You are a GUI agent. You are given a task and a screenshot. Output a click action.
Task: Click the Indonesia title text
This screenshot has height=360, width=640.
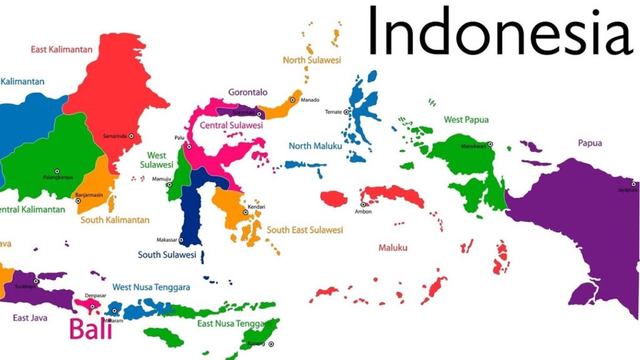(499, 30)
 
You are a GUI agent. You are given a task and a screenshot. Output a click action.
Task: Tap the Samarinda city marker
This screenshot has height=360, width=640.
(131, 136)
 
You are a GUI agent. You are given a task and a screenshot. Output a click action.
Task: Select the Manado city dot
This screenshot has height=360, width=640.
(292, 100)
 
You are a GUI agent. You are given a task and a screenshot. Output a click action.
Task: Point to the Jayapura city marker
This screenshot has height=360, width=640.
(632, 184)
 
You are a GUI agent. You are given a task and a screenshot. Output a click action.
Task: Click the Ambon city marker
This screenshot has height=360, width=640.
(363, 204)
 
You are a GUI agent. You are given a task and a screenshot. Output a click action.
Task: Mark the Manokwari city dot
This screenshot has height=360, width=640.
(490, 144)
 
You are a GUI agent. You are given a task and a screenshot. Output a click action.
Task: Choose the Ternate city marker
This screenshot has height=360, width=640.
(346, 112)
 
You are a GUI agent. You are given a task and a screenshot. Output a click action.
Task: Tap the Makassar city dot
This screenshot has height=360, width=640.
(181, 240)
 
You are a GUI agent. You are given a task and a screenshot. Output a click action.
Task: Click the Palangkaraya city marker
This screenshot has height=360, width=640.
(57, 171)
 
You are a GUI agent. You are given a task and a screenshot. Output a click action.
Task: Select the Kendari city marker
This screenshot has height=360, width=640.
(246, 212)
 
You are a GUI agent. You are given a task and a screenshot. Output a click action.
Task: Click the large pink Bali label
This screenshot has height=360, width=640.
(91, 329)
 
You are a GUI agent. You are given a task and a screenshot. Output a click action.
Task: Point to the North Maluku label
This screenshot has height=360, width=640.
(315, 146)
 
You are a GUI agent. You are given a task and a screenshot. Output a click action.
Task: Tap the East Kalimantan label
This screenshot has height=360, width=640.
(61, 49)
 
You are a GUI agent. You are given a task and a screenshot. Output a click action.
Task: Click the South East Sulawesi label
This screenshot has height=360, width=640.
(305, 230)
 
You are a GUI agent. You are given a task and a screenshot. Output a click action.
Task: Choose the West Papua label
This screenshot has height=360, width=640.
(466, 119)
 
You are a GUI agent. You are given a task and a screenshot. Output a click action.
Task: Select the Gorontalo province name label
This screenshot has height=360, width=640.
(247, 92)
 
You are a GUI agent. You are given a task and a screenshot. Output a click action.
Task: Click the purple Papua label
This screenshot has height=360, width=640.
(590, 143)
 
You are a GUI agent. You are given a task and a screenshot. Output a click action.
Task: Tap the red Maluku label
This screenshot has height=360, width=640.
(393, 248)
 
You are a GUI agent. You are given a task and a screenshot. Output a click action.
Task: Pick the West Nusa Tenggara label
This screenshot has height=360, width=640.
(152, 287)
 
